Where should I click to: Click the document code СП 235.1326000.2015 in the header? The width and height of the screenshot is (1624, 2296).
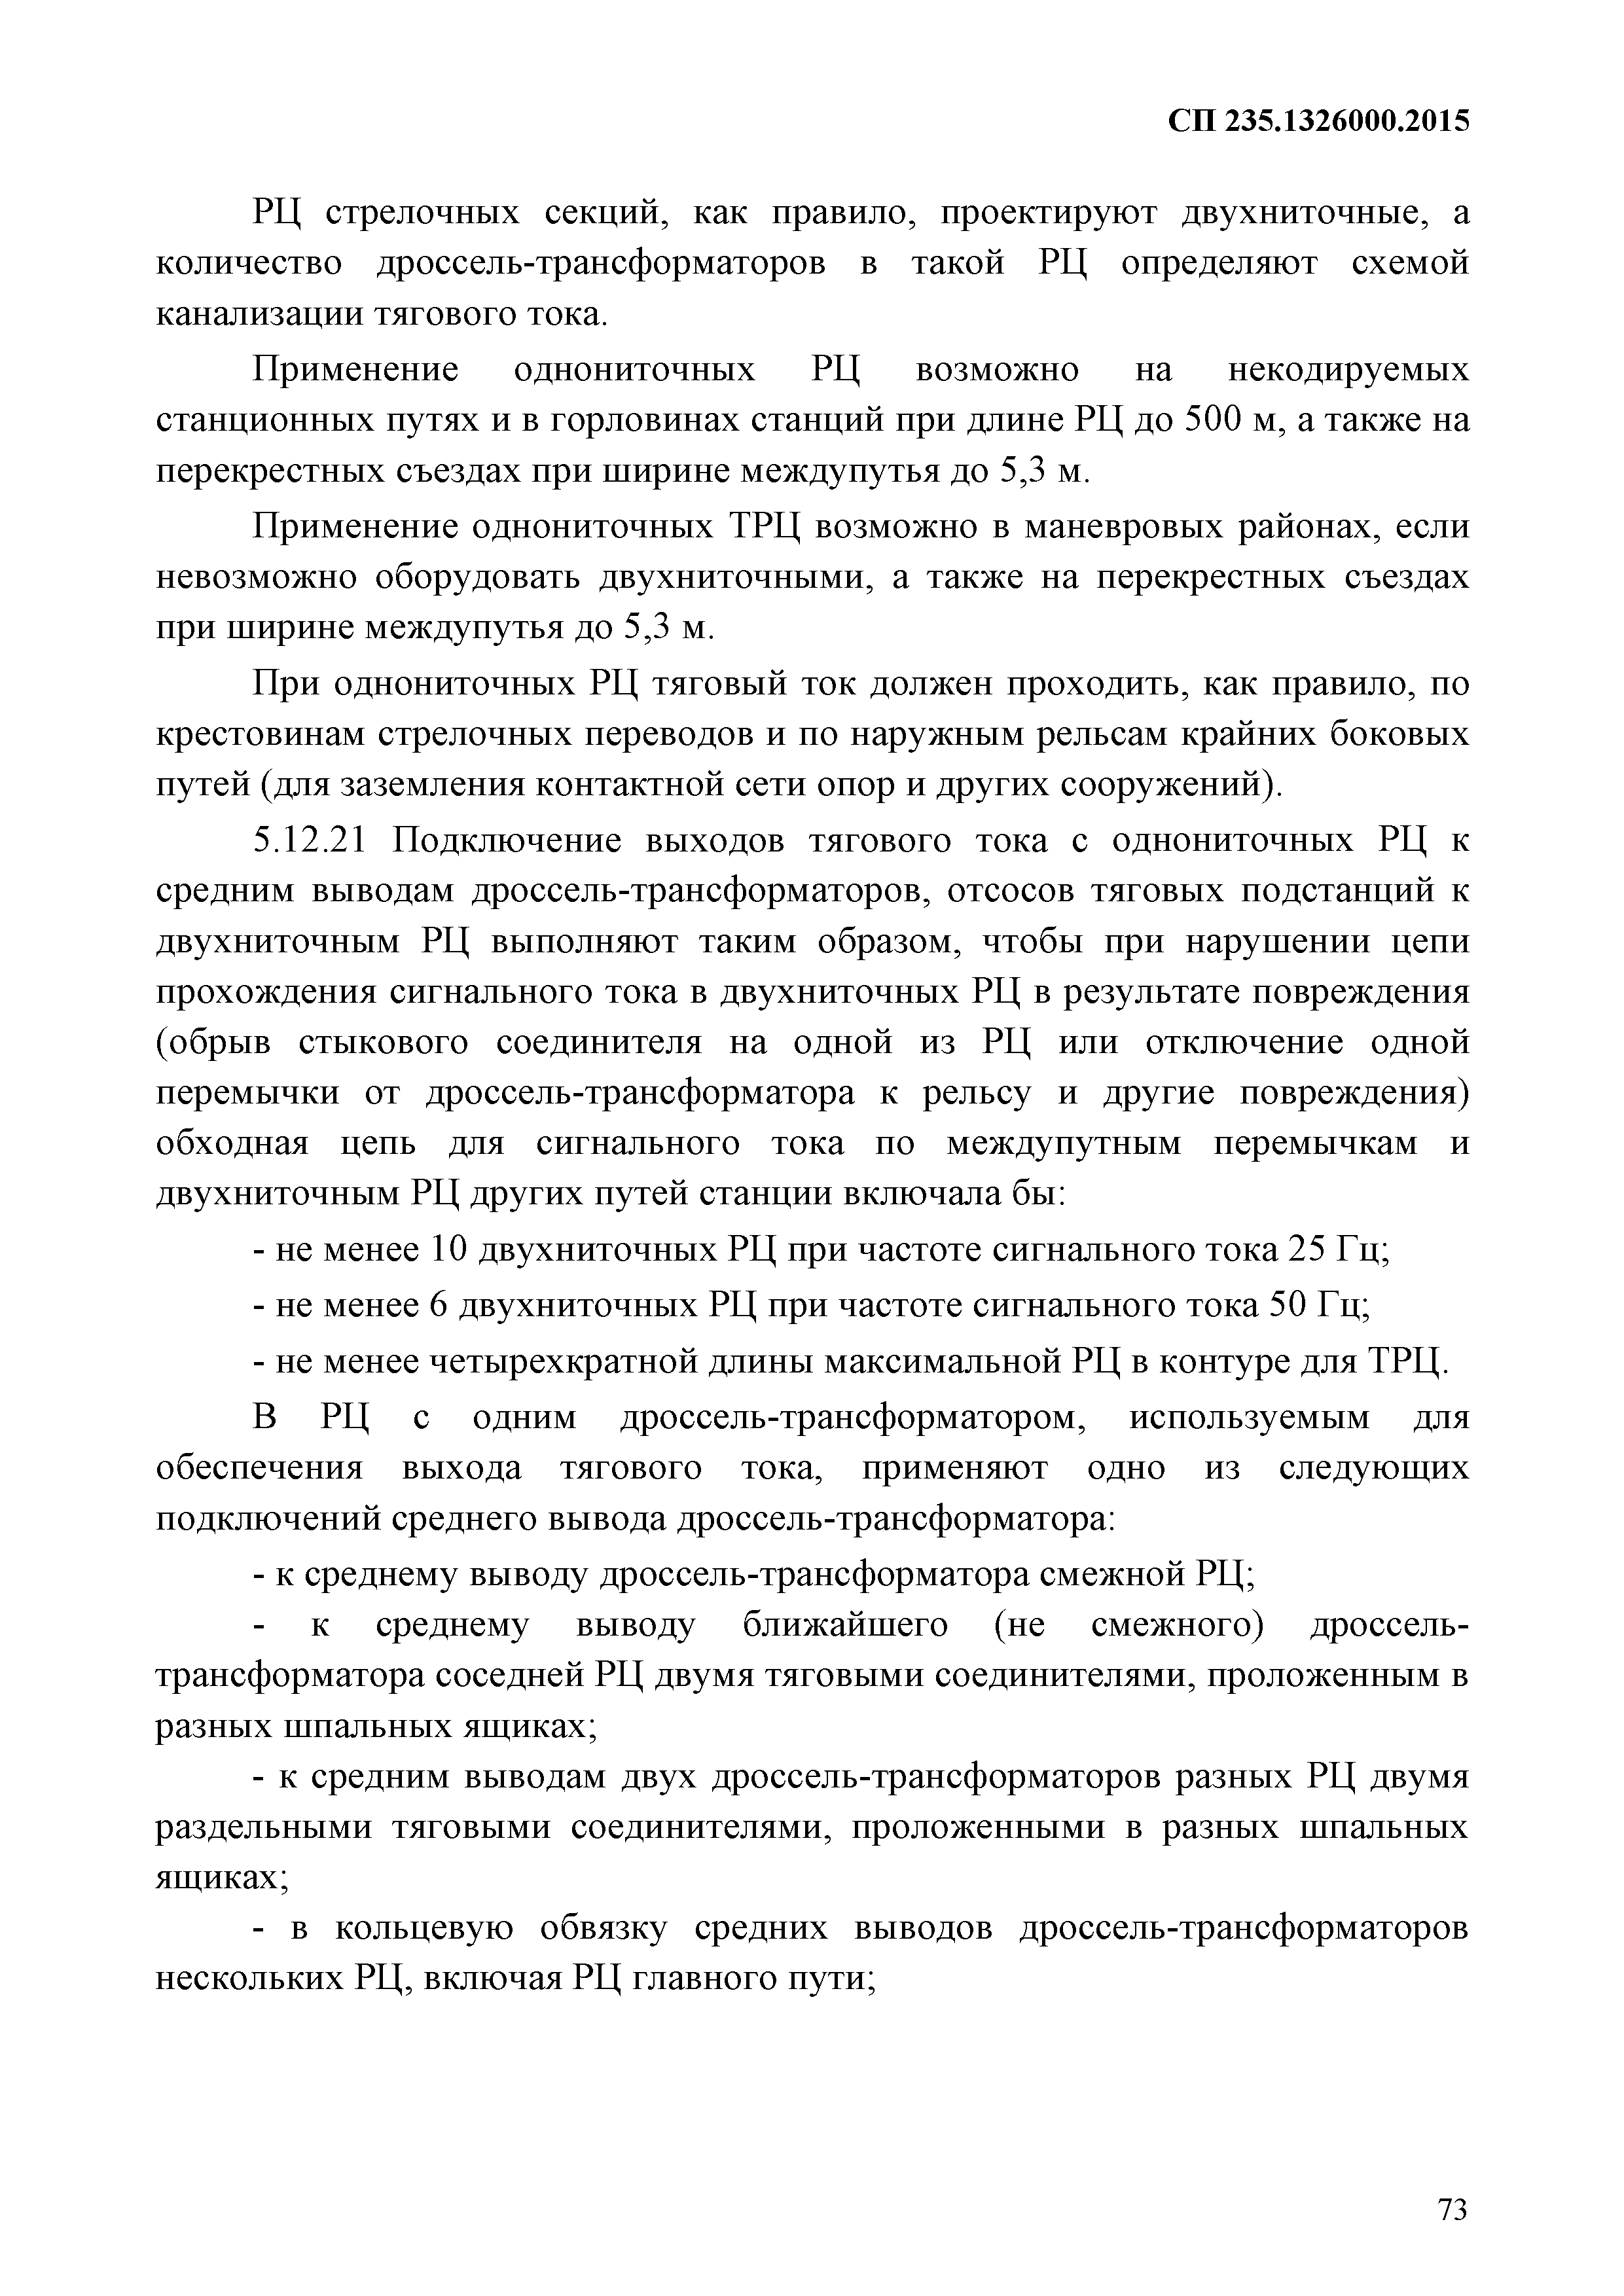tap(1319, 122)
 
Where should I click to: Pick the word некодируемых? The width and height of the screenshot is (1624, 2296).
tap(1348, 370)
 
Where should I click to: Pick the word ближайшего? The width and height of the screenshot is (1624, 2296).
tap(845, 1624)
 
